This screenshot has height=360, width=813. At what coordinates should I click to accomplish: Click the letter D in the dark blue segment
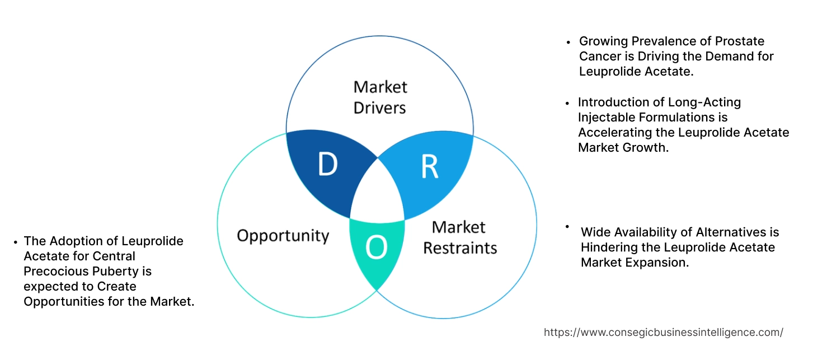[328, 165]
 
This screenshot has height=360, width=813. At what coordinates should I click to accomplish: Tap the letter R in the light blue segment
[429, 166]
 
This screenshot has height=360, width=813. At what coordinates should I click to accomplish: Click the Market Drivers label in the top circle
[380, 97]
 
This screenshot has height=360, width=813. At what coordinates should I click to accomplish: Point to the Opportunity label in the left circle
[283, 235]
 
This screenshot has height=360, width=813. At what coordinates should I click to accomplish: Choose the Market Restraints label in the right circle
[459, 237]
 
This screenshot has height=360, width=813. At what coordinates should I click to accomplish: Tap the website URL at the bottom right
[664, 332]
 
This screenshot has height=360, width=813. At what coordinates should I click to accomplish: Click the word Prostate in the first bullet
[739, 41]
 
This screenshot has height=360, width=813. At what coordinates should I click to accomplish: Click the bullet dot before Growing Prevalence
[568, 42]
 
